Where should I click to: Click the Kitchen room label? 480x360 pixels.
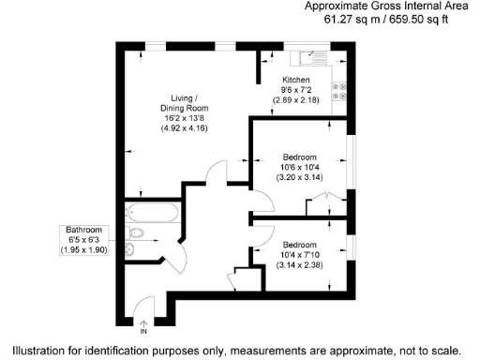coord(295,81)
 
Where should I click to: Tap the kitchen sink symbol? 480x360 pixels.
coord(312,57)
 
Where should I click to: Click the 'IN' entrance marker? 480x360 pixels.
coord(144,331)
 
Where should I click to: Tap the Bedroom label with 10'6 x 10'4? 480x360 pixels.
coord(299,157)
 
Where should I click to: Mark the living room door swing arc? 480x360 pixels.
coord(216,172)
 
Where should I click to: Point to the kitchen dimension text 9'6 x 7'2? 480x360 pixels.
coord(295,90)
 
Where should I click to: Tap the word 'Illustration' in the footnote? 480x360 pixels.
coord(35,349)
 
